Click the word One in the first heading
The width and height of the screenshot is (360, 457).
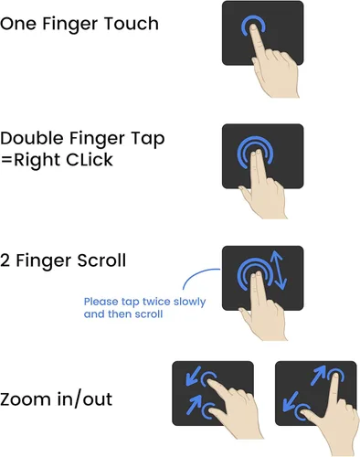18,24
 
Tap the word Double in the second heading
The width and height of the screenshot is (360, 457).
32,138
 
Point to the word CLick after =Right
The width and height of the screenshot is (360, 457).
90,160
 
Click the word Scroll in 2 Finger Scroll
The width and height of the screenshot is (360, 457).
101,260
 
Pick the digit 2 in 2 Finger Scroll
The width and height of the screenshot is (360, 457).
5,260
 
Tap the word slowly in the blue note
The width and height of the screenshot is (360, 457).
189,302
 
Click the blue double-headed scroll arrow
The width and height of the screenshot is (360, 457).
280,271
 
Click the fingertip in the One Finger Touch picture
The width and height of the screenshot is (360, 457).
253,28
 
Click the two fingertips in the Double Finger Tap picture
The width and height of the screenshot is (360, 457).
256,153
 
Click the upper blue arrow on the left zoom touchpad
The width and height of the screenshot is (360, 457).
193,376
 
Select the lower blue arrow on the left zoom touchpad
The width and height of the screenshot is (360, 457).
194,404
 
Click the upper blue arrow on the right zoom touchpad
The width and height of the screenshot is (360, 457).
318,375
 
